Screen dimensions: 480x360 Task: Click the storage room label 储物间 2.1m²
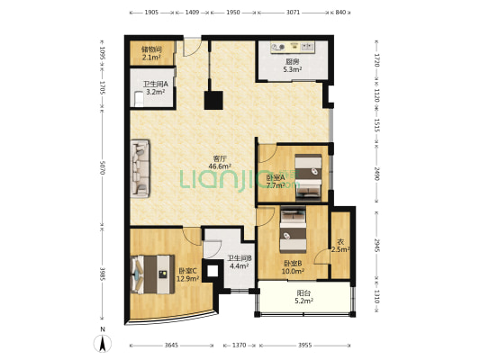pyautogui.click(x=152, y=53)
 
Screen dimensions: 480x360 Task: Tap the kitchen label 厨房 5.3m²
pyautogui.click(x=293, y=66)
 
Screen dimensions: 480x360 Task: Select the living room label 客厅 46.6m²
pyautogui.click(x=220, y=162)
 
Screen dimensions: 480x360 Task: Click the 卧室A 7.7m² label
pyautogui.click(x=276, y=182)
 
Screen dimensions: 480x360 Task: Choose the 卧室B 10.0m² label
pyautogui.click(x=293, y=267)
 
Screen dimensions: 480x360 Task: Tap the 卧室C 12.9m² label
pyautogui.click(x=188, y=274)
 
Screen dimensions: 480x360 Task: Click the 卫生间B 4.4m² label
pyautogui.click(x=239, y=262)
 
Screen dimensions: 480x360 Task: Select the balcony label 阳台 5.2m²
pyautogui.click(x=303, y=297)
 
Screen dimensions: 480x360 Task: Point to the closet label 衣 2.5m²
pyautogui.click(x=340, y=246)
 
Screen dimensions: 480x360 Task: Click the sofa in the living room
pyautogui.click(x=140, y=168)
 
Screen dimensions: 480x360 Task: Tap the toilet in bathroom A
pyautogui.click(x=139, y=99)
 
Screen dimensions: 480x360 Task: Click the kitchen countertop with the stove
pyautogui.click(x=293, y=48)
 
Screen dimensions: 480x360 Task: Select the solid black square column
pyautogui.click(x=213, y=100)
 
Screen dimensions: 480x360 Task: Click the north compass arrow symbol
pyautogui.click(x=103, y=343)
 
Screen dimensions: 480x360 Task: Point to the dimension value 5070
pyautogui.click(x=103, y=168)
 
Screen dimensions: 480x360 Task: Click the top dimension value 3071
pyautogui.click(x=293, y=13)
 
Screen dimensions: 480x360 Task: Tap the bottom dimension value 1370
pyautogui.click(x=239, y=346)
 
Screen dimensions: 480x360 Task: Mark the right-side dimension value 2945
pyautogui.click(x=376, y=246)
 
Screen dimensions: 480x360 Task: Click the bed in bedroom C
pyautogui.click(x=152, y=274)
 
